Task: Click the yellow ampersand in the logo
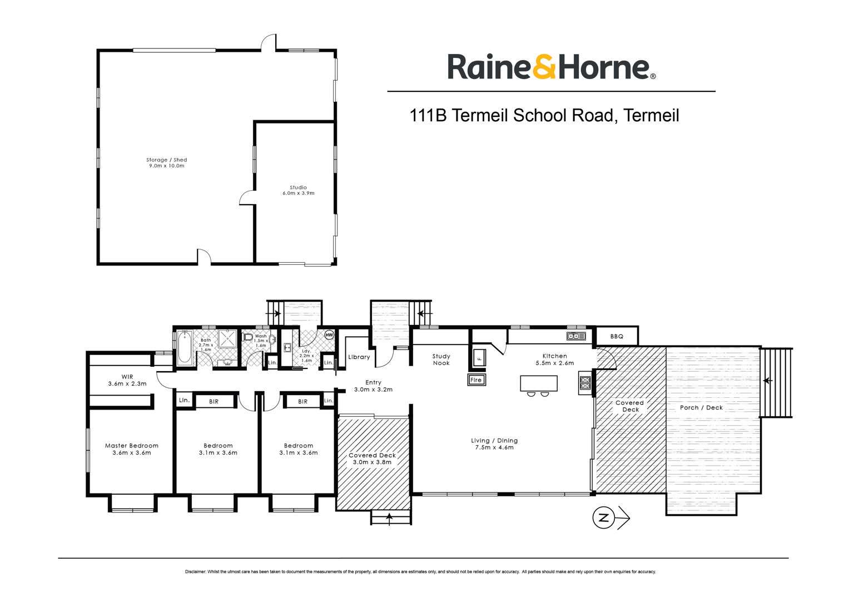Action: (544, 66)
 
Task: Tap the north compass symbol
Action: (610, 518)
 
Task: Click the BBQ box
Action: (617, 336)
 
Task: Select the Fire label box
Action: (476, 380)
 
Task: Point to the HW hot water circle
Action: (329, 335)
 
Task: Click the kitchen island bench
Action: (539, 383)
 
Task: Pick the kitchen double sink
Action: (576, 336)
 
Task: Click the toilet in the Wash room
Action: (248, 337)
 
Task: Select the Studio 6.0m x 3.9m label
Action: (298, 190)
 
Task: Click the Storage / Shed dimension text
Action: (167, 166)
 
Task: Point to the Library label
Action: (359, 357)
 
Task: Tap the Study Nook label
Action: (441, 359)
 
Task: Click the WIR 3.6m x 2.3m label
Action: (127, 380)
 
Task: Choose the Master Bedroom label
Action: (132, 449)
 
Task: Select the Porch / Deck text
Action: (701, 407)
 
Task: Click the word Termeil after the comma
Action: (651, 115)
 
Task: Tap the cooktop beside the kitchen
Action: (585, 383)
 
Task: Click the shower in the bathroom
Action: (227, 338)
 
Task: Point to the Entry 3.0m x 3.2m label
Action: (373, 386)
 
